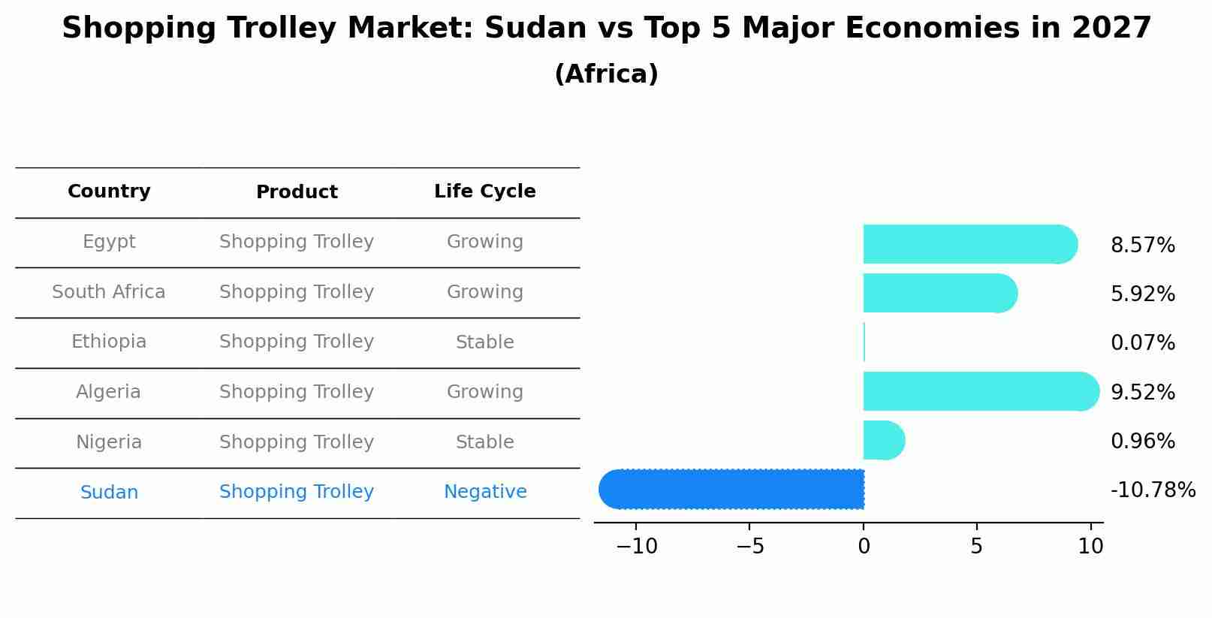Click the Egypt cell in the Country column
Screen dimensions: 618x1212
(109, 242)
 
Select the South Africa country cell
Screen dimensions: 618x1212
(109, 292)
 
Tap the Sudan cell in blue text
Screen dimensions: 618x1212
(109, 493)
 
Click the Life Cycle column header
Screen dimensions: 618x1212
(484, 191)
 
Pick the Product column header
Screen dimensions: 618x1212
(297, 192)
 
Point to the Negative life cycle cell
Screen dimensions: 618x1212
(484, 492)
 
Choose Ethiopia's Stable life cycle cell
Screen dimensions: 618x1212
(484, 342)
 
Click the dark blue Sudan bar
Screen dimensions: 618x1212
(732, 489)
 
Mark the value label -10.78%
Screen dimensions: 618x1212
(1153, 490)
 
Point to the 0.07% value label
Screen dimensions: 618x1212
(1142, 343)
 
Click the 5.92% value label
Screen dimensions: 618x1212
(1142, 294)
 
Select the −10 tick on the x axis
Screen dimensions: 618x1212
(636, 547)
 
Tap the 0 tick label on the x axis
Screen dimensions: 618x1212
(864, 547)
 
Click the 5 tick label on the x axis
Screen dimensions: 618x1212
(976, 547)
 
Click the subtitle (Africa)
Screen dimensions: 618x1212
(606, 74)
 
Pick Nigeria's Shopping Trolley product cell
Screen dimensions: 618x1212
(297, 442)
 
